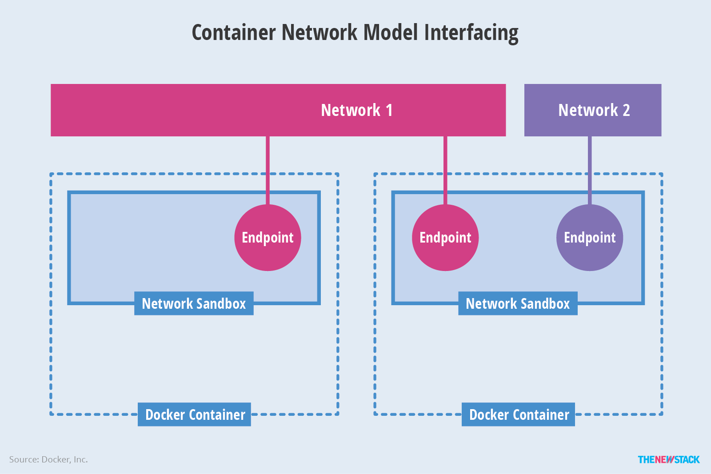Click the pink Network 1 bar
178,110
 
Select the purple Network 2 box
592,110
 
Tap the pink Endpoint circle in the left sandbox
268,238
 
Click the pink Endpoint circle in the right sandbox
445,238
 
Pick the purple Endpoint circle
590,238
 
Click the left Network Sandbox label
194,303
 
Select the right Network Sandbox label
518,303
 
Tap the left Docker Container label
195,414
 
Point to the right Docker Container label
519,414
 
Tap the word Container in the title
234,33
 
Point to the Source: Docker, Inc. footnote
48,459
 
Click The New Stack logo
668,459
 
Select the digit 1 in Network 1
389,110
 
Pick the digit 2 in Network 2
626,110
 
